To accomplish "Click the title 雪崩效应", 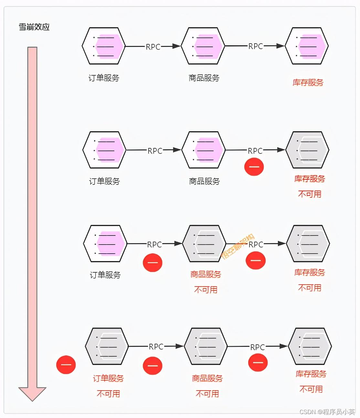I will coord(34,27).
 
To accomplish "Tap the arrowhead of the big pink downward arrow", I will coord(32,393).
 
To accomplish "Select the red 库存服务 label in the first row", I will coord(308,83).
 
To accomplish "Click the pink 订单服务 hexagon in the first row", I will coord(103,46).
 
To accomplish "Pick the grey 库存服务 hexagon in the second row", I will coord(307,150).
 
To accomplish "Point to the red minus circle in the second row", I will coord(254,167).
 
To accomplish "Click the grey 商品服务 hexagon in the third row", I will coord(204,244).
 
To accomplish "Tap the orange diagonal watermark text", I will coord(238,246).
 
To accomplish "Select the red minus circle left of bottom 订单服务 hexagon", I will coord(66,365).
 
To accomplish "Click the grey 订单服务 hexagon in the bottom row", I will coord(107,347).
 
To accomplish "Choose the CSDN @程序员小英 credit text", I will coord(327,412).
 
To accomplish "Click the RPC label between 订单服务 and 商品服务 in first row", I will coord(153,47).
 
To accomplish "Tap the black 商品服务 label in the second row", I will coord(204,182).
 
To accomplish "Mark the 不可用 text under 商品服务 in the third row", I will coord(206,290).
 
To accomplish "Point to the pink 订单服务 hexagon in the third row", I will coord(105,244).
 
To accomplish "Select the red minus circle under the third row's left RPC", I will coord(153,262).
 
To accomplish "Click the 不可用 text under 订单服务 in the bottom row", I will coord(108,394).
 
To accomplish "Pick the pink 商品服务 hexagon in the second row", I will coord(203,150).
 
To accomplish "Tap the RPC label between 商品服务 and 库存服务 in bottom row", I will coord(258,347).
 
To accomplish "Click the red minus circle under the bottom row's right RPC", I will coord(258,362).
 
